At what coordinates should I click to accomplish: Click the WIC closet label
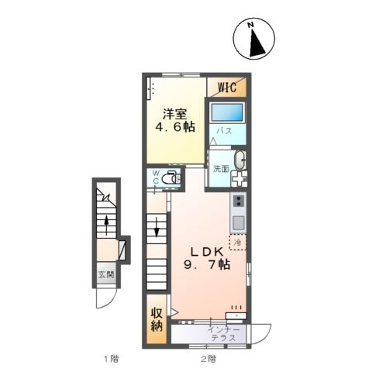(227, 87)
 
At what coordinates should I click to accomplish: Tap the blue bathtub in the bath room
(227, 112)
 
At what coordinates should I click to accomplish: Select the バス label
(224, 131)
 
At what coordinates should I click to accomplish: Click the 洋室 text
(174, 114)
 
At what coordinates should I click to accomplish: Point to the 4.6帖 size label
(174, 127)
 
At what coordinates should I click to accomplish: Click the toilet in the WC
(170, 178)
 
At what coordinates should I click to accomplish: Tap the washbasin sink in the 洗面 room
(240, 160)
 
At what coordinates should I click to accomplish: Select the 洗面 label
(221, 169)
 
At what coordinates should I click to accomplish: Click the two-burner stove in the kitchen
(239, 201)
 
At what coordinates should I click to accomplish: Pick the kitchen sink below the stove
(239, 222)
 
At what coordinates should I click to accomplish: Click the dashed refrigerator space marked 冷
(238, 243)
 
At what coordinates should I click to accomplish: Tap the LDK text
(207, 251)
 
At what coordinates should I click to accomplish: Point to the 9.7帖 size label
(207, 264)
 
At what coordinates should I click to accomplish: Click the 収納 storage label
(157, 319)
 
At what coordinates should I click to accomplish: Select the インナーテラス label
(224, 334)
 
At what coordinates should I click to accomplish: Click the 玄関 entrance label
(106, 274)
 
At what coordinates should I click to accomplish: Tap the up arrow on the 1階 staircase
(106, 226)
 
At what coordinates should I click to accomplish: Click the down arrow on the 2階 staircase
(157, 227)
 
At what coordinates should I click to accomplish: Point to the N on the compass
(250, 25)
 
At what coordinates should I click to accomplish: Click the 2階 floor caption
(208, 359)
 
